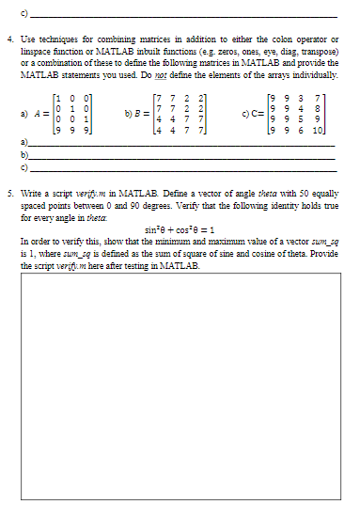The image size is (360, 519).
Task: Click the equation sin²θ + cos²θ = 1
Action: pos(181,229)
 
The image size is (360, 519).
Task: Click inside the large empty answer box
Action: pos(179,376)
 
